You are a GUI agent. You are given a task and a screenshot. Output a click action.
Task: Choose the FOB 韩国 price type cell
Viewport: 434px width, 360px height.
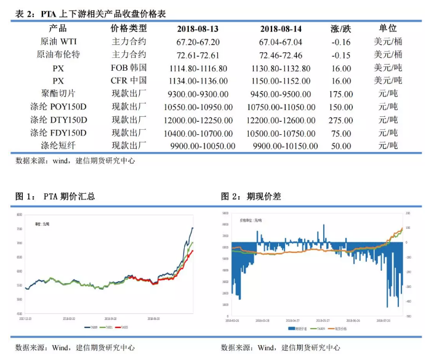[129, 68]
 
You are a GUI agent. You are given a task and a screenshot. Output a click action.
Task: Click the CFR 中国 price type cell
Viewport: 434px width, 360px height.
[129, 81]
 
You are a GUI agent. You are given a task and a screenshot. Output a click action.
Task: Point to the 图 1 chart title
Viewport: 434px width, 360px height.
[55, 197]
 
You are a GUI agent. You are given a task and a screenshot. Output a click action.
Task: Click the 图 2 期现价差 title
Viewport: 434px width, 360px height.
[251, 197]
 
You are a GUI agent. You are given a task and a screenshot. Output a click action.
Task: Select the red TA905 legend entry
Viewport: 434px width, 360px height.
[123, 327]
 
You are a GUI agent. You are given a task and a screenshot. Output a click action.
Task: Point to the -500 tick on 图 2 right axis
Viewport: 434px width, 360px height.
[408, 316]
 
